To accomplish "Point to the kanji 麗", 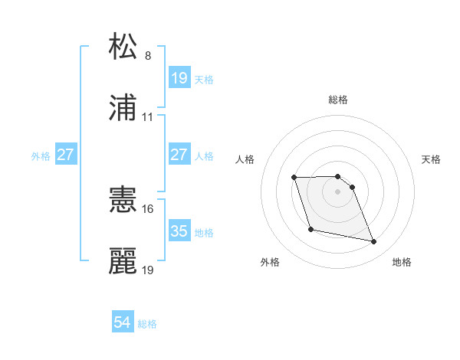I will coord(123,261).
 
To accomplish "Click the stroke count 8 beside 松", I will coord(148,56).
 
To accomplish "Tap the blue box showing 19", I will coord(179,78).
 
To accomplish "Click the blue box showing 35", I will coord(179,231).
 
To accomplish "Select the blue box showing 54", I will coord(123,323).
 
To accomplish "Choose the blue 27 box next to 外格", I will coord(66,155).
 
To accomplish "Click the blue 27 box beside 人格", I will coord(179,155).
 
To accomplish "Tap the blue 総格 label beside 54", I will coord(147,324).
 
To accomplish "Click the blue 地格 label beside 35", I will coord(204,232).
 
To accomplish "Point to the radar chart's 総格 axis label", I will coord(338,100).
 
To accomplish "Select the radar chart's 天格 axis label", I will coord(432,159).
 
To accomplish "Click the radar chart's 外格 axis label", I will coord(270,262).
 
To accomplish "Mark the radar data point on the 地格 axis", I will coord(374,242).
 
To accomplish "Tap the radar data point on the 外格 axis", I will coord(310,229).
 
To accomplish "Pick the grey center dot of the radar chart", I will coord(338,191).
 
